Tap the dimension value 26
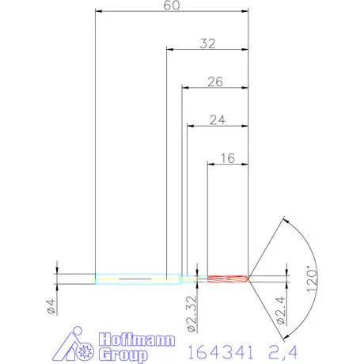point(215,82)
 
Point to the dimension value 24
point(218,119)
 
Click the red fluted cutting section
point(228,279)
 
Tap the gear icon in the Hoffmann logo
point(85,347)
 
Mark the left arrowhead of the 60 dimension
point(97,12)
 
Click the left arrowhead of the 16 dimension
point(210,164)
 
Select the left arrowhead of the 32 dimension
point(169,49)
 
